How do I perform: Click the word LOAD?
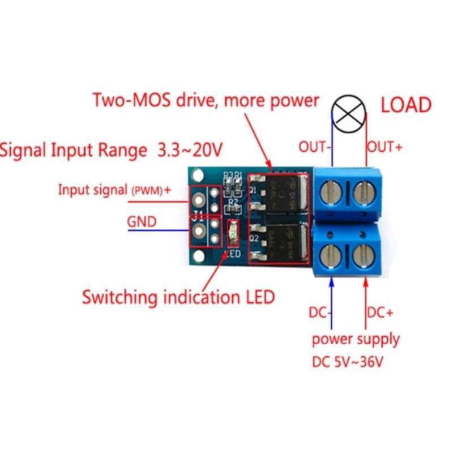pyautogui.click(x=405, y=105)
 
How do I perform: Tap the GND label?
pyautogui.click(x=142, y=221)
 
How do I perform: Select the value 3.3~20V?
pyautogui.click(x=186, y=151)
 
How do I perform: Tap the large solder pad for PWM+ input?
pyautogui.click(x=199, y=200)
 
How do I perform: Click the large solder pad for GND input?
pyautogui.click(x=199, y=230)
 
